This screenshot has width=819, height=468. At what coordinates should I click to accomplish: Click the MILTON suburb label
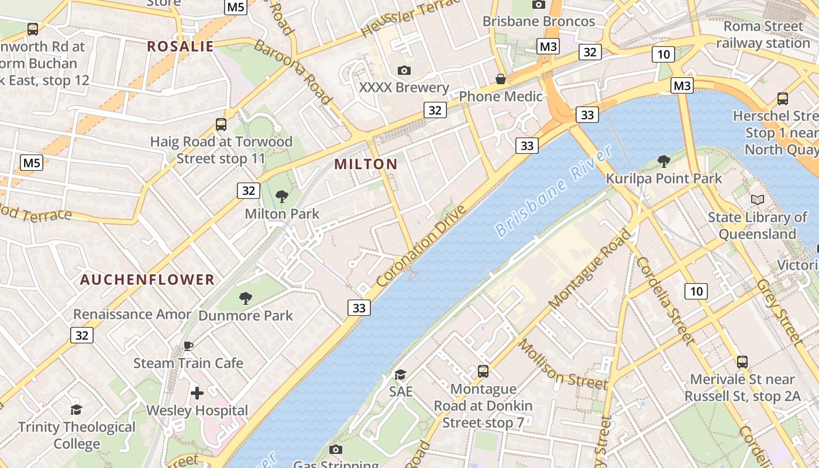point(366,164)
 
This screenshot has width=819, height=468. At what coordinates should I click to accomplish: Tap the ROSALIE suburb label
point(180,46)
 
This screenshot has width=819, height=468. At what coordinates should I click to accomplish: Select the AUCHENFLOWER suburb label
point(147,280)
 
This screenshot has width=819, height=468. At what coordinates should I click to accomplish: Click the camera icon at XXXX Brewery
point(404,71)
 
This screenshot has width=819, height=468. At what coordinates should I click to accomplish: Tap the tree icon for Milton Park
point(282,197)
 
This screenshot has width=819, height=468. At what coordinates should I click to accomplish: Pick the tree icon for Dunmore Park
point(246,298)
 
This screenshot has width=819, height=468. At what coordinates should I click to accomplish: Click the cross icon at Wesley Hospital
point(197,393)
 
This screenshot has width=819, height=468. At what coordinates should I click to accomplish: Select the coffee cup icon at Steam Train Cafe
point(188,346)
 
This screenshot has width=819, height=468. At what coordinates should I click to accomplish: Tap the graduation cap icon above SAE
point(400,374)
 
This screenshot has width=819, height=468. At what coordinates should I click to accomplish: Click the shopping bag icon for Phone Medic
point(501,78)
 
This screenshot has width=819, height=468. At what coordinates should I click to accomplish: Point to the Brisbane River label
point(553,192)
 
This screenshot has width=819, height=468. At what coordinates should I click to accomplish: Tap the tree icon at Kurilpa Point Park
point(663,161)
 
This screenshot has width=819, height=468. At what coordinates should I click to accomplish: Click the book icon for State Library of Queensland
point(758,200)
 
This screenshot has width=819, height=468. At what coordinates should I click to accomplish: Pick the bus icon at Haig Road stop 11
point(221,124)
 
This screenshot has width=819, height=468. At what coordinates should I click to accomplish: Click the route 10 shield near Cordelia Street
point(696,291)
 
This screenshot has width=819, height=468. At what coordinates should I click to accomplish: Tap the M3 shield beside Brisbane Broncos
point(548,46)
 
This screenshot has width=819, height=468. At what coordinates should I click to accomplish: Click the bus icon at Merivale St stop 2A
point(742,362)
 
